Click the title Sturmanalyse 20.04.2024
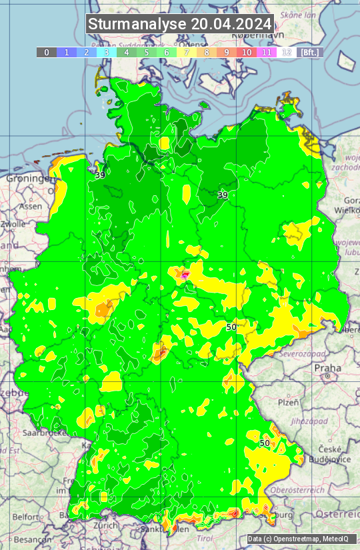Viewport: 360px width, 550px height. tap(180, 25)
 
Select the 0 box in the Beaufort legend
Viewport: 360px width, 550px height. tap(46, 52)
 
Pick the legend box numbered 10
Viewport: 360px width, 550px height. tap(247, 52)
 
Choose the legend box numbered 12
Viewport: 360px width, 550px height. tap(287, 52)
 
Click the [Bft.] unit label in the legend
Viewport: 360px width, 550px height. tap(310, 52)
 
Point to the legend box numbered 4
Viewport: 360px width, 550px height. tap(126, 52)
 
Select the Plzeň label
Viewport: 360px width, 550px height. tap(288, 402)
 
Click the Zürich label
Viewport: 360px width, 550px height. tap(106, 525)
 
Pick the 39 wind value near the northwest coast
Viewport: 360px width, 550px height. tap(100, 175)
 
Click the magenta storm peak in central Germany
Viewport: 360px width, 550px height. tap(185, 275)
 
